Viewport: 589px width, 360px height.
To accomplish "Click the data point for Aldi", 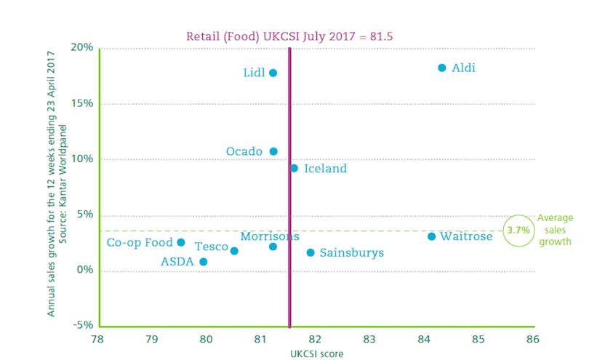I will [x=441, y=68].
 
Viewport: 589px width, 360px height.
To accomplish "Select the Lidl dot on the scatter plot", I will [x=273, y=73].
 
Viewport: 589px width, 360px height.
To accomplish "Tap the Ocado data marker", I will [x=273, y=151].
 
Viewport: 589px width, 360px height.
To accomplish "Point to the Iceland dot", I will [x=294, y=168].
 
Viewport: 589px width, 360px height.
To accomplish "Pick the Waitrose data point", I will [x=431, y=236].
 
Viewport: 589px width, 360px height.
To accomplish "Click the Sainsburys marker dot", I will [x=310, y=252].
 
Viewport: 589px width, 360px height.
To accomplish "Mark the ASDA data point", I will [x=203, y=262].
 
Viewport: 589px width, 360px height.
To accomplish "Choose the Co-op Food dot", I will [x=181, y=242].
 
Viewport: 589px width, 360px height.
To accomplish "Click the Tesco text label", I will [x=212, y=247].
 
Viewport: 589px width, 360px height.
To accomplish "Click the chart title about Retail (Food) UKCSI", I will [x=289, y=35].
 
